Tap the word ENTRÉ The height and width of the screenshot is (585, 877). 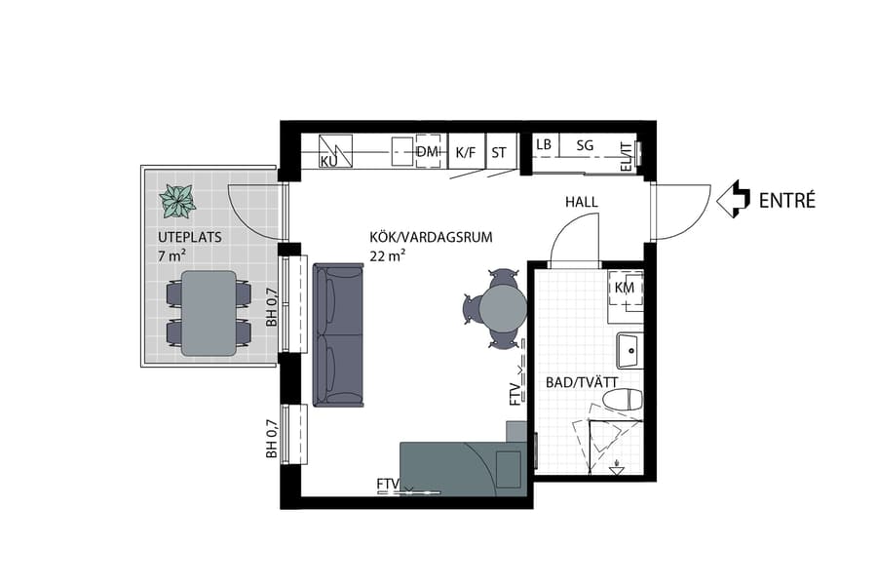786,201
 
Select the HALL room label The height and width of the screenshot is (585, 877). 581,202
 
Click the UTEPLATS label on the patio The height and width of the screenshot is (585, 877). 190,238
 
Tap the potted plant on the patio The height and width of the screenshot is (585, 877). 177,201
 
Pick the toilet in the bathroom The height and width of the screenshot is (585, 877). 623,400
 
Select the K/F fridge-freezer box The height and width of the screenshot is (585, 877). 466,152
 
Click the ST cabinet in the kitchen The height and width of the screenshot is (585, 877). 499,152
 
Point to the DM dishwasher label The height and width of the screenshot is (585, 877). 427,151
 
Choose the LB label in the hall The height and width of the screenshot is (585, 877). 544,145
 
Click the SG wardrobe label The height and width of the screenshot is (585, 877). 585,145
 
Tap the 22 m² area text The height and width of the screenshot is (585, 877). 387,256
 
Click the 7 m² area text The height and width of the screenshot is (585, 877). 172,255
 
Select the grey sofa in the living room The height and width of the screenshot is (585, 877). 337,335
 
